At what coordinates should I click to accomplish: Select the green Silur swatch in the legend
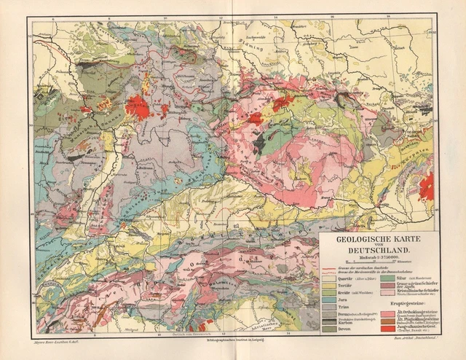(387, 278)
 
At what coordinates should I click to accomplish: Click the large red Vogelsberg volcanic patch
(137, 107)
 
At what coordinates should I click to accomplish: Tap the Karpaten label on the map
(419, 154)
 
